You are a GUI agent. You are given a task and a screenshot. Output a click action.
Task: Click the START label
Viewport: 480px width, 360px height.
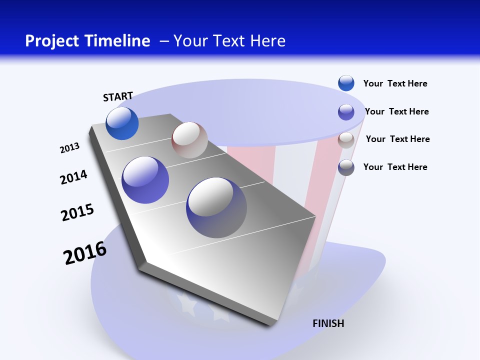coord(118,96)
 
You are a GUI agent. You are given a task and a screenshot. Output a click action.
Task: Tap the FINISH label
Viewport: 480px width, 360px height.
coord(328,323)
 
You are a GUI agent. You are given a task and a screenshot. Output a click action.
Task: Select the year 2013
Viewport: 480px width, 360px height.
coord(69,148)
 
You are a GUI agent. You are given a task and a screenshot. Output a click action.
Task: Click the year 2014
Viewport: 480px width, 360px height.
coord(73,177)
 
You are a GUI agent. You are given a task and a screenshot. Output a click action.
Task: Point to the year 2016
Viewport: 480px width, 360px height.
coord(85,253)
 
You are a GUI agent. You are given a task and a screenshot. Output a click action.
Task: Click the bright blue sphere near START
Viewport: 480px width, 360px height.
coord(122,123)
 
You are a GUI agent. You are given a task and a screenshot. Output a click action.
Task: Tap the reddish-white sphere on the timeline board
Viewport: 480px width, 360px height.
coord(189,140)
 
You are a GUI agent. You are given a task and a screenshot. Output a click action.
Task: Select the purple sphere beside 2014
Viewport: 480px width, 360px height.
coord(145,180)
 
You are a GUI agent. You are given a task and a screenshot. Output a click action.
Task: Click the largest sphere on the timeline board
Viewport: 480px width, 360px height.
coord(216,207)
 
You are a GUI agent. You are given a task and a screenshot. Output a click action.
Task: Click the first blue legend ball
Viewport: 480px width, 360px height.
coord(346,83)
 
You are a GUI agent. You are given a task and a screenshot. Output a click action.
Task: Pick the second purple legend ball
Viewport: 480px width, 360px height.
coord(346,112)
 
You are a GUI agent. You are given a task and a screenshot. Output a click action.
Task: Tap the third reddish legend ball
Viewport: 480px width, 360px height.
coord(346,140)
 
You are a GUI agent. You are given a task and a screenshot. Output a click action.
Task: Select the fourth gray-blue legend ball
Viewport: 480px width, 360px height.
coord(346,167)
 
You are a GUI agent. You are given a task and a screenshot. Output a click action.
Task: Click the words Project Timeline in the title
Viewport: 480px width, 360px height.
coord(87,41)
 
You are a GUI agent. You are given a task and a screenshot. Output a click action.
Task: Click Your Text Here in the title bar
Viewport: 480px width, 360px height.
coord(229,41)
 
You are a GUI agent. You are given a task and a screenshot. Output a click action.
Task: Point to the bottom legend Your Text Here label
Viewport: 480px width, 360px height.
coord(395,167)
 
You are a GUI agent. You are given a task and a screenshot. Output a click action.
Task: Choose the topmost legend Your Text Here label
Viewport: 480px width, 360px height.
coord(395,83)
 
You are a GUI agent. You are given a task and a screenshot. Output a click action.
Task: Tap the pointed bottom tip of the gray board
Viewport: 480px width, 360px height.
coord(270,325)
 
